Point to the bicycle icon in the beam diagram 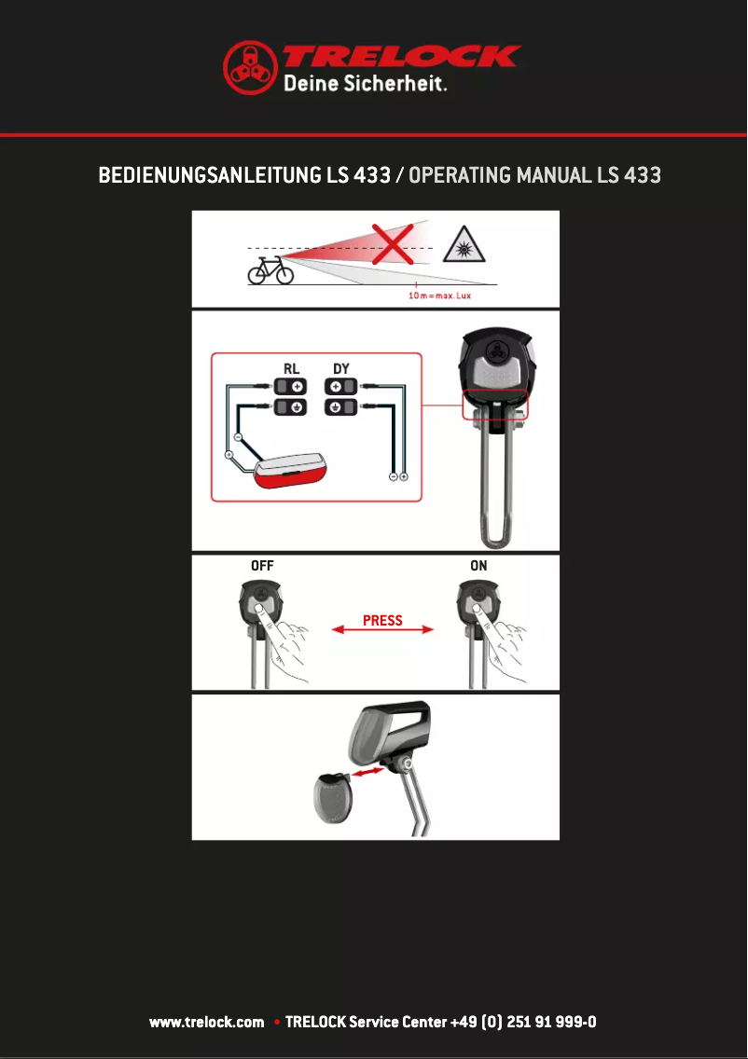tap(270, 271)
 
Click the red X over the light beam tap(394, 244)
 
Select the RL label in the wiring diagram tap(292, 368)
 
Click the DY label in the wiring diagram tap(341, 368)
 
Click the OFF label tap(262, 565)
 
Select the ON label tap(478, 565)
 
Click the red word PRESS tap(382, 621)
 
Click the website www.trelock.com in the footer tap(207, 1023)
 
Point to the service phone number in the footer tap(522, 1023)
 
